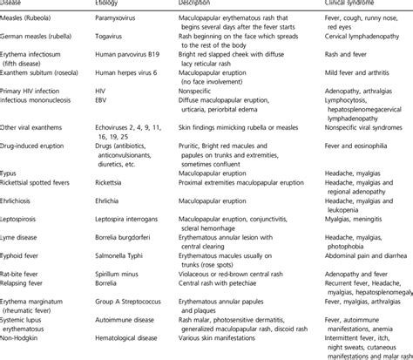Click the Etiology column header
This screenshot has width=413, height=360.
(110, 3)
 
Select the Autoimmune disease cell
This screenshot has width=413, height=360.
(129, 341)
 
